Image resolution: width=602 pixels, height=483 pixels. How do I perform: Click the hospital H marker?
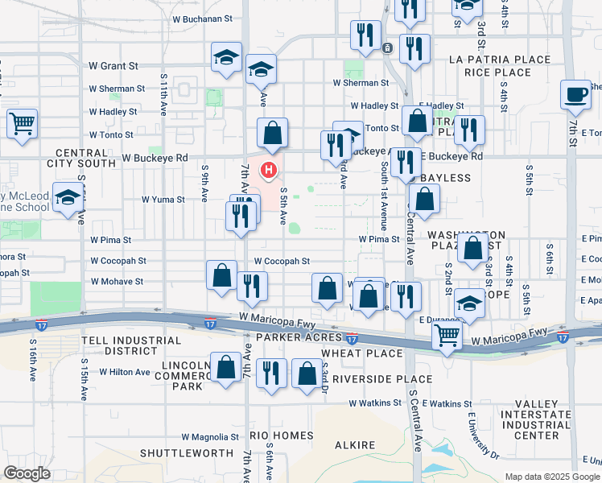coord(270,170)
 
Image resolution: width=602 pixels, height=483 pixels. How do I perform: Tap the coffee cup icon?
coord(575,95)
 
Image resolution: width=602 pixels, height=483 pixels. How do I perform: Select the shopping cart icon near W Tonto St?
coord(23,124)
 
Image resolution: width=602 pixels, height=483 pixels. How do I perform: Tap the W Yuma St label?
coord(163,199)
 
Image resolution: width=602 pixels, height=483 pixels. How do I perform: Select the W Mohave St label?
coord(117,282)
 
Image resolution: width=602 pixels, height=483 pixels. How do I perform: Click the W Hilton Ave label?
coord(125,372)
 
